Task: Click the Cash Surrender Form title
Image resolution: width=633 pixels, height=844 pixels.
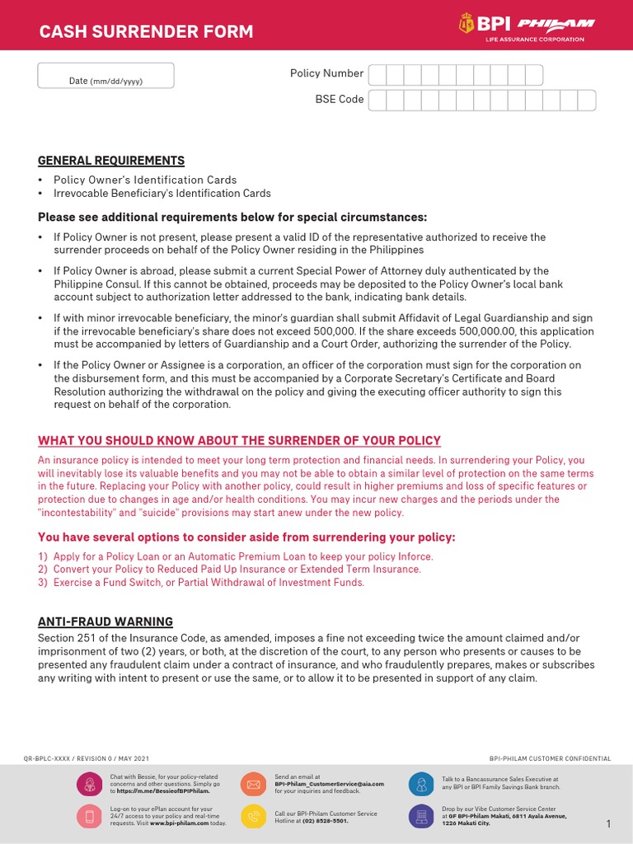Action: pyautogui.click(x=147, y=32)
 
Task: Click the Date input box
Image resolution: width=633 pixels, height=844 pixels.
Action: pyautogui.click(x=105, y=75)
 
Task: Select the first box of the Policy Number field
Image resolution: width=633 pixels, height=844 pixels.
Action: pyautogui.click(x=377, y=74)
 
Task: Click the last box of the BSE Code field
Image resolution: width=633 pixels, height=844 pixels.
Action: pyautogui.click(x=586, y=100)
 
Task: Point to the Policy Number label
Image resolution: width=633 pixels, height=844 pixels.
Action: pyautogui.click(x=326, y=73)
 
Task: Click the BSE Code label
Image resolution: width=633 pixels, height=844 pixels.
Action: pyautogui.click(x=339, y=99)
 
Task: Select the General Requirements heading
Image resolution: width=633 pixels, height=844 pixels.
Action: pyautogui.click(x=111, y=160)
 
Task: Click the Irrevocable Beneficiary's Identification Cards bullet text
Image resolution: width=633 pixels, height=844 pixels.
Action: pyautogui.click(x=162, y=193)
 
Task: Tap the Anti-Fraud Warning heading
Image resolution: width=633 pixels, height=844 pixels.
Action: pyautogui.click(x=105, y=621)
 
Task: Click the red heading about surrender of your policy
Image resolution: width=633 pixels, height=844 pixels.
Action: pyautogui.click(x=239, y=440)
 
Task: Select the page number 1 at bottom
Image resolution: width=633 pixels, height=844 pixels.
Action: pyautogui.click(x=608, y=824)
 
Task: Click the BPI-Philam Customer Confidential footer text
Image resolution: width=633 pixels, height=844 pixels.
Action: pyautogui.click(x=550, y=757)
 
